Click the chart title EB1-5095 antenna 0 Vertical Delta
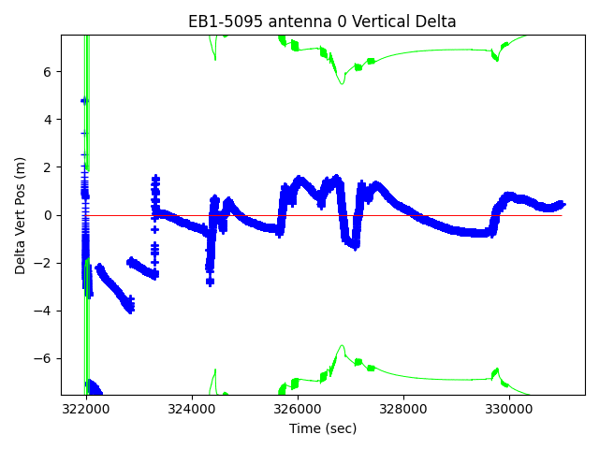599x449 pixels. pyautogui.click(x=322, y=22)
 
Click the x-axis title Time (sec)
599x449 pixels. pyautogui.click(x=322, y=428)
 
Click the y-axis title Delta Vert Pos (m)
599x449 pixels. pyautogui.click(x=21, y=215)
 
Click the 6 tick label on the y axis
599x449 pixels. pyautogui.click(x=50, y=72)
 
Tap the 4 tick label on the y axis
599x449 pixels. pyautogui.click(x=50, y=120)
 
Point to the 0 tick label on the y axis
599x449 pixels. pyautogui.click(x=50, y=215)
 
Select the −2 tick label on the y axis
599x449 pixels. pyautogui.click(x=46, y=264)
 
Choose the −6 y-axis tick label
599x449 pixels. pyautogui.click(x=46, y=359)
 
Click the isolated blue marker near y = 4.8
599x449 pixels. pyautogui.click(x=84, y=100)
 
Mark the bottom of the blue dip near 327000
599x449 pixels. pyautogui.click(x=353, y=245)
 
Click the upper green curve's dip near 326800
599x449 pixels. pyautogui.click(x=343, y=84)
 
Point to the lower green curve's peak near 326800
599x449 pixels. pyautogui.click(x=343, y=345)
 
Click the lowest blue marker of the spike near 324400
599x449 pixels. pyautogui.click(x=210, y=282)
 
